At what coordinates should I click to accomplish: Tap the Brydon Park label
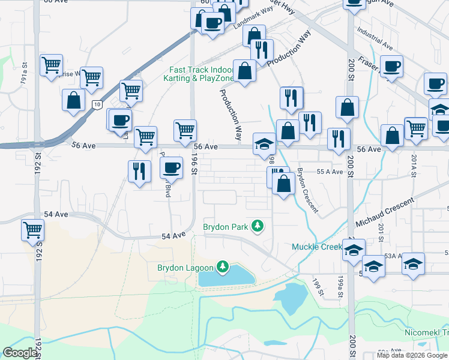point(225,227)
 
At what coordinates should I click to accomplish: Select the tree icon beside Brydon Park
point(258,226)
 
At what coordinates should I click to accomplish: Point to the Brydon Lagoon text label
point(185,268)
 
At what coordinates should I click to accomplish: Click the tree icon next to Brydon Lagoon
point(223,266)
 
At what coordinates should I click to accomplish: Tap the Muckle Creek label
point(316,247)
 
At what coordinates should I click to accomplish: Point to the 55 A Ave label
point(330,172)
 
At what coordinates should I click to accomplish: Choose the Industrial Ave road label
point(374,38)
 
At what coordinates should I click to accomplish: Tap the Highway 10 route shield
point(97,104)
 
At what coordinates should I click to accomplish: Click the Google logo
point(20,353)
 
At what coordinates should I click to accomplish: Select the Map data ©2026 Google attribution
point(411,355)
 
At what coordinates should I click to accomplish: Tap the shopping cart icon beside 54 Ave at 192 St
point(33,229)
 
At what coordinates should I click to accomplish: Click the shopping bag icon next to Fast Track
point(244,71)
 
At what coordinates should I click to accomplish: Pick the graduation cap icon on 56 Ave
point(264,144)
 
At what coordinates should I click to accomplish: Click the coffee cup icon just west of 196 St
point(172,167)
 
